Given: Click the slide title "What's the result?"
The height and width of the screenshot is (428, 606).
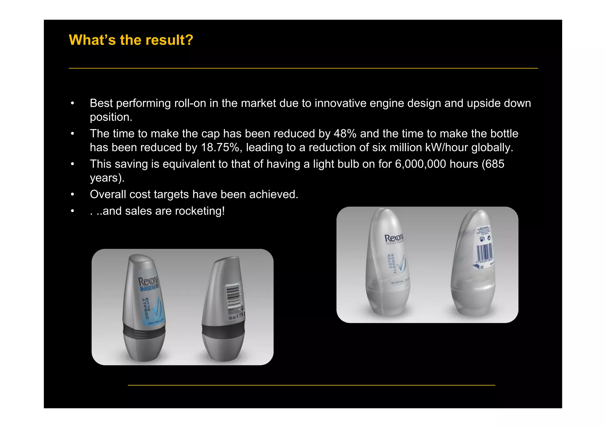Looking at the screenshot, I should (x=131, y=40).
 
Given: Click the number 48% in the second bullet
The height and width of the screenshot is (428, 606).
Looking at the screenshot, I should (x=345, y=134).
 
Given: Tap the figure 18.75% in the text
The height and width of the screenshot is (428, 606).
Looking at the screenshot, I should (x=220, y=148).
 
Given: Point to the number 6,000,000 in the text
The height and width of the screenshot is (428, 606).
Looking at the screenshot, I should (x=420, y=164).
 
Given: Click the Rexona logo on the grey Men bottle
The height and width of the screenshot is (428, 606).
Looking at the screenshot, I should (x=148, y=281).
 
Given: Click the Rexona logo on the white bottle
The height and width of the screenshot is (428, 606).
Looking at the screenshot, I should (x=394, y=238).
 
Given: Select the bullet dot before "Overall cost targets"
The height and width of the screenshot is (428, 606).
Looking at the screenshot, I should (x=72, y=195).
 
